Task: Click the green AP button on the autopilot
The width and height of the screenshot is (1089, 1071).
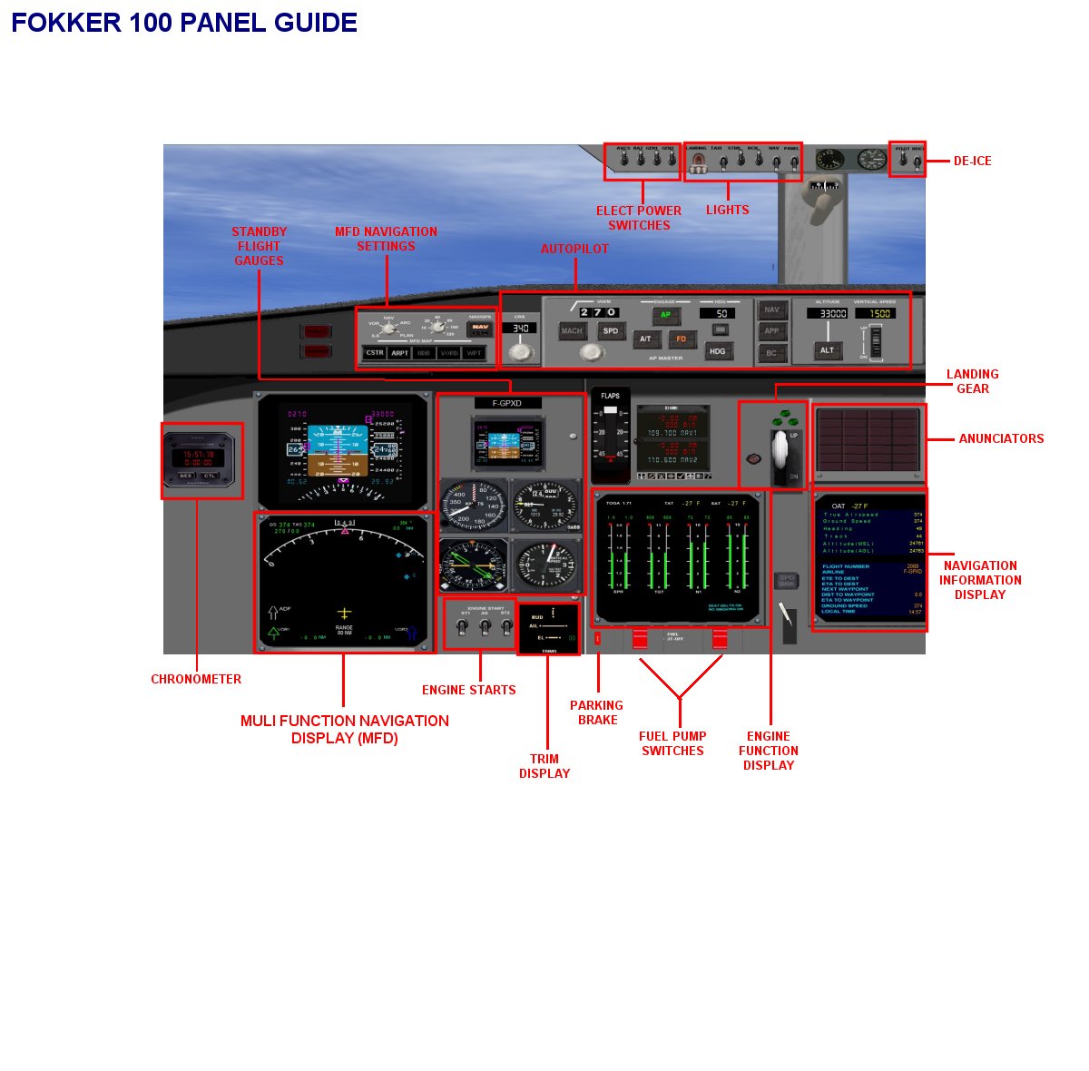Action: point(665,315)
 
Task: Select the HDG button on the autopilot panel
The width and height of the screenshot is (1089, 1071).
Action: point(718,350)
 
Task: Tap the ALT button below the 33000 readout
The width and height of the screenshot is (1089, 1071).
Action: point(827,349)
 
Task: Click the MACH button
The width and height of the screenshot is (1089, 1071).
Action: point(572,331)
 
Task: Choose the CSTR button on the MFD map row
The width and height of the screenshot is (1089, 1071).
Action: point(374,353)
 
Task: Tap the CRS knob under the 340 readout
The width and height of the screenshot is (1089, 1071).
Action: point(520,350)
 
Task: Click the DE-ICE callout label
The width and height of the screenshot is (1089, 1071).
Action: point(972,161)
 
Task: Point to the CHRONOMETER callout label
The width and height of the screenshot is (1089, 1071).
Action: point(196,679)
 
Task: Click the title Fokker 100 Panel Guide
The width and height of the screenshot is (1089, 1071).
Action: point(184,23)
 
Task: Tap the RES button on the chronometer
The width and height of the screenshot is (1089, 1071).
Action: point(185,476)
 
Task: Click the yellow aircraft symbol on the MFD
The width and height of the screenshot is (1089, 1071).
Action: point(344,614)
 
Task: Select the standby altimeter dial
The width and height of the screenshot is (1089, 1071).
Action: point(544,506)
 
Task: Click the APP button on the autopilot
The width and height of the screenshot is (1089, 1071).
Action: point(771,331)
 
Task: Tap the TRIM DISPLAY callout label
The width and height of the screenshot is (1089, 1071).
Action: point(544,766)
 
